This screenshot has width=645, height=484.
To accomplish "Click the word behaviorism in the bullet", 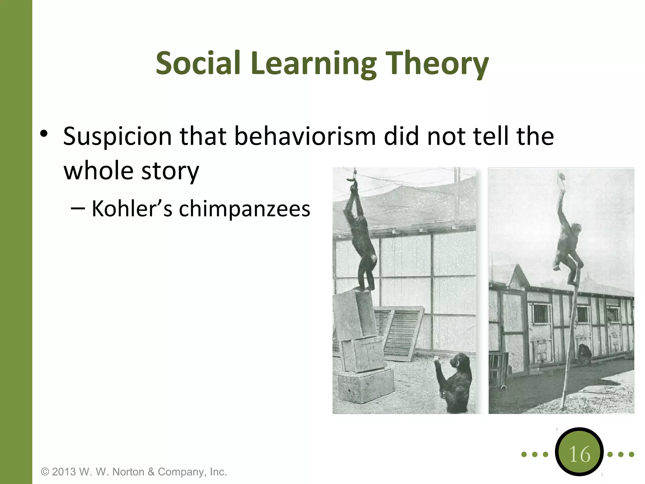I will [x=305, y=136].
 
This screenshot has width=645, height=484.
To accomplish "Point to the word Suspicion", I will [x=117, y=137].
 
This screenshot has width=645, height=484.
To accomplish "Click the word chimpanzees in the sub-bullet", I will [x=244, y=209].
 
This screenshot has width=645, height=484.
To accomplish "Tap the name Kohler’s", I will [x=132, y=209].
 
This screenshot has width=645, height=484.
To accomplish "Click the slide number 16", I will [x=579, y=454].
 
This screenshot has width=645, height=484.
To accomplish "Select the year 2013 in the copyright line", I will [x=64, y=472].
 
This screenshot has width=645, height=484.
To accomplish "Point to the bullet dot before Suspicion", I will [x=44, y=134].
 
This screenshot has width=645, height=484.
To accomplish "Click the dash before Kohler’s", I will [x=78, y=209].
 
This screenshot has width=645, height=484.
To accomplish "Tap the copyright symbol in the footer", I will [x=45, y=472].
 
